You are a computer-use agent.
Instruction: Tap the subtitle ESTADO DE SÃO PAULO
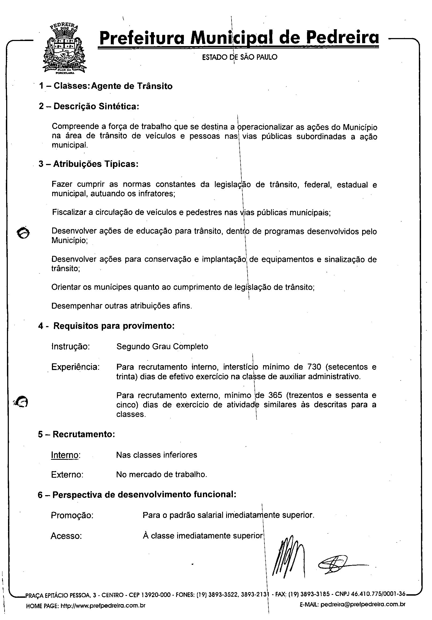point(240,57)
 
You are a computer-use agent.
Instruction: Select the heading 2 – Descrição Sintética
point(89,106)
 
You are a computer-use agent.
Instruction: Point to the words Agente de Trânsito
point(132,86)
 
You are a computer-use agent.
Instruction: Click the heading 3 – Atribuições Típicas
point(89,164)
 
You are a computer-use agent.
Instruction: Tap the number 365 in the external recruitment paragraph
point(275,395)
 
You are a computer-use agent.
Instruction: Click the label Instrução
point(70,346)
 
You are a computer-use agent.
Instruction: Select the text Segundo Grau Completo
point(162,346)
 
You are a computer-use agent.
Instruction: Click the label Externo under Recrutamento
point(67,475)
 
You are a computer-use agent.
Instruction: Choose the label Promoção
point(72,516)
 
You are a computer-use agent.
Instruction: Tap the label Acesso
point(66,536)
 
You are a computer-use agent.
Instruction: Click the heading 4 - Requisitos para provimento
point(106,326)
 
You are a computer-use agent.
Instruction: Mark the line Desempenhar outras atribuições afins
point(122,306)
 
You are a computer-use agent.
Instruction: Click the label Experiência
point(75,367)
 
